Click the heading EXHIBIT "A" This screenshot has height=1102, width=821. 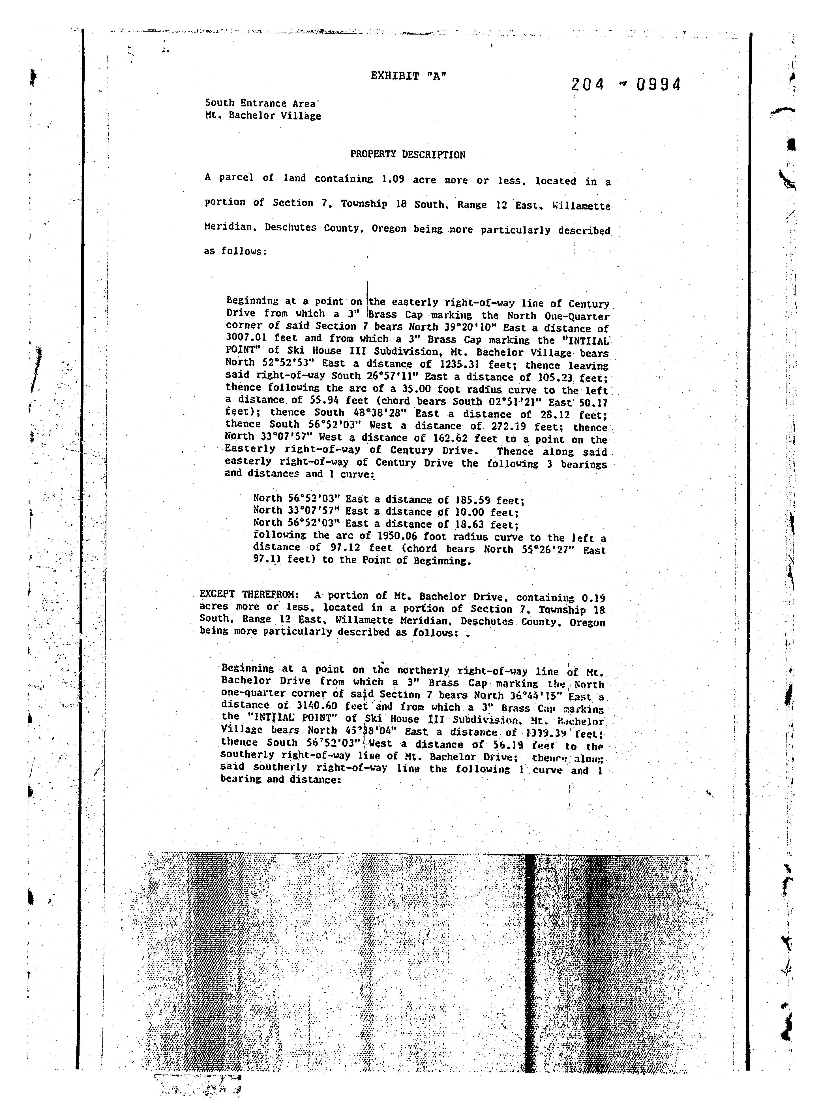408,76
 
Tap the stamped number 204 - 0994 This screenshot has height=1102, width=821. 625,85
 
